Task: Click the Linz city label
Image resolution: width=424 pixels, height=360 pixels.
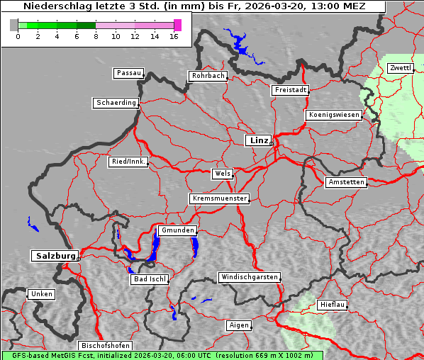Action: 258,140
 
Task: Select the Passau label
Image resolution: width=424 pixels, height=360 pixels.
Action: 128,73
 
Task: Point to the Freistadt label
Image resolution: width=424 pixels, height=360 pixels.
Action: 290,90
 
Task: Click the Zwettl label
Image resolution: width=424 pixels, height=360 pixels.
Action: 400,68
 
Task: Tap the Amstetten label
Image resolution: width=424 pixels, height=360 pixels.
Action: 345,182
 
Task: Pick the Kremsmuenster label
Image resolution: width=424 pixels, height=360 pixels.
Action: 219,198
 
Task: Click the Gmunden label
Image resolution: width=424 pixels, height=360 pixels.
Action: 177,230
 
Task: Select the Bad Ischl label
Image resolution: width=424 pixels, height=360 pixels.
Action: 150,279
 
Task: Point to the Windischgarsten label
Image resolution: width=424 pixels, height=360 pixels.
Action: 248,277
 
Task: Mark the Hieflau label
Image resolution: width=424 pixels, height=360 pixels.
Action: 332,304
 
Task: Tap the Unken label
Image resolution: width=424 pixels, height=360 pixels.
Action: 41,293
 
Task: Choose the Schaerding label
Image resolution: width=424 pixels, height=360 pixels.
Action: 116,103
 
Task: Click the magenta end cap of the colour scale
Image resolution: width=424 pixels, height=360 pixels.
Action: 177,25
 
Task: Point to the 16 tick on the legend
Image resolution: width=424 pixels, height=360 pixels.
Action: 173,35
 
